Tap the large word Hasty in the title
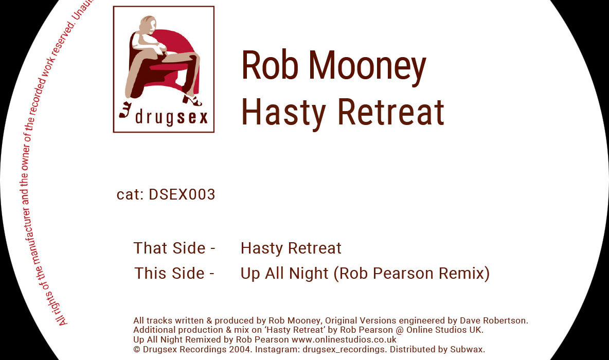click(x=283, y=113)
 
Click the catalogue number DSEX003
click(x=182, y=194)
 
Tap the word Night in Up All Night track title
click(x=309, y=274)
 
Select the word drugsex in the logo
click(x=171, y=117)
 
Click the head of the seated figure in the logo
click(x=147, y=24)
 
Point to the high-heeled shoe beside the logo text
click(x=125, y=110)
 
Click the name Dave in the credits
click(x=469, y=320)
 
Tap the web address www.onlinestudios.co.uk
click(x=344, y=339)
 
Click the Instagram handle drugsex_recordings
click(x=344, y=350)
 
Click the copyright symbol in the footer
click(x=137, y=350)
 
